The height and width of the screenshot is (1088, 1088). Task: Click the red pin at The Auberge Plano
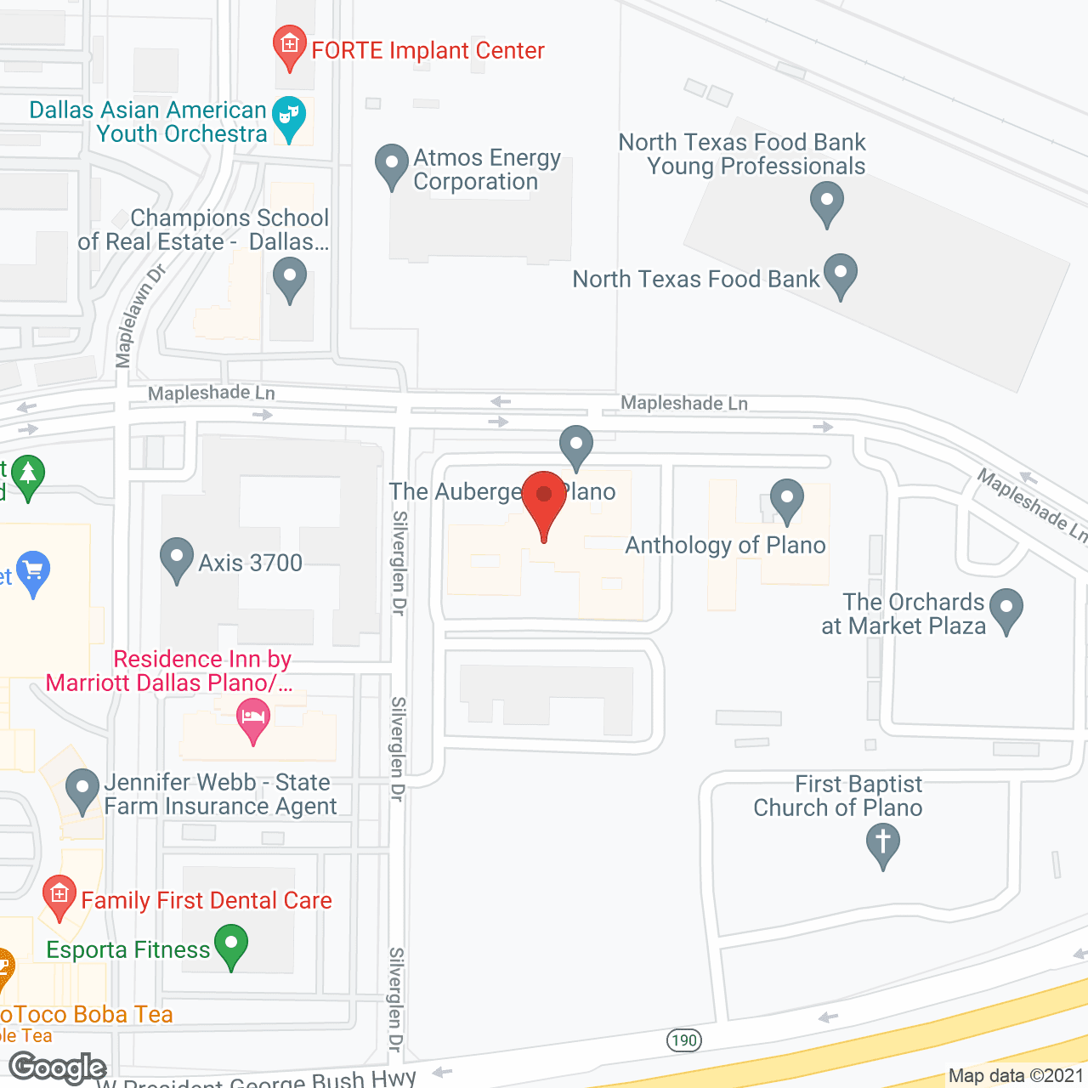[544, 497]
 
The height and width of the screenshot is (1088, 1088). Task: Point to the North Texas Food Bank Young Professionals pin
[826, 203]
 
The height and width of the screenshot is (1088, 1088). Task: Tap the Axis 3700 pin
[177, 558]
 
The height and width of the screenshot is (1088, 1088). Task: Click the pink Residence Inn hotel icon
[253, 718]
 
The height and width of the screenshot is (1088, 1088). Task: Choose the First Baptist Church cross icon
[882, 844]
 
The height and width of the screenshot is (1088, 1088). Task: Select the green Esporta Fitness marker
[230, 944]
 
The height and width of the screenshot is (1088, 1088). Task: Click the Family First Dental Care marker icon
[59, 896]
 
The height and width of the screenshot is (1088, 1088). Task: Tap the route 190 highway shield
[683, 1040]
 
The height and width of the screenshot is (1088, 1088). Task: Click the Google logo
[58, 1068]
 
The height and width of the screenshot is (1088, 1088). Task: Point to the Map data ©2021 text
[1016, 1075]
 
